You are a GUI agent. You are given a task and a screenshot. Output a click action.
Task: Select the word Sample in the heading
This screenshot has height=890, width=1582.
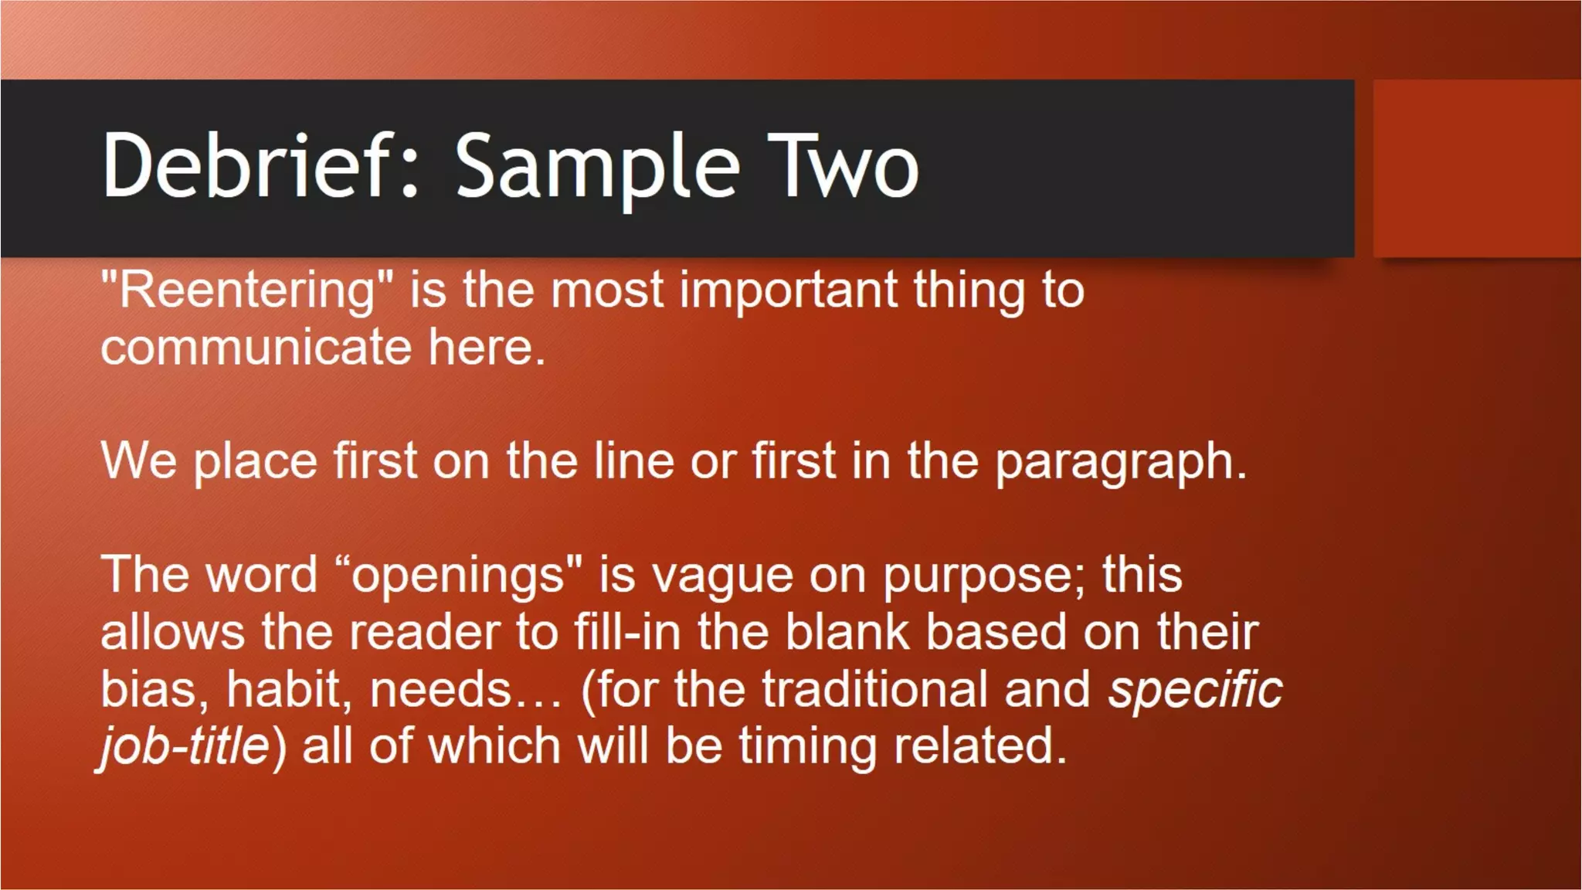[x=597, y=167]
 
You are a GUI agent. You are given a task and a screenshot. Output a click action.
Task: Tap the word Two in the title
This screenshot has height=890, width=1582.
[x=843, y=165]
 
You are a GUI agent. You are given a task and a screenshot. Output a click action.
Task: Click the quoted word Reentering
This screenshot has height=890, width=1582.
[x=246, y=291]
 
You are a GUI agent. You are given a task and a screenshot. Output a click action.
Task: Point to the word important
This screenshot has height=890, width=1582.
[x=788, y=290]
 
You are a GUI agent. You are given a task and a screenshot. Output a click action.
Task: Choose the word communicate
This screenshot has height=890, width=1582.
[x=256, y=347]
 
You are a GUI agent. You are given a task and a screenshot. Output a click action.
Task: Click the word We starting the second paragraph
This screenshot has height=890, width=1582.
[x=138, y=460]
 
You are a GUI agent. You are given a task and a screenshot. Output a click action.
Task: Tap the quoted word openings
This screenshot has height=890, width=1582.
[x=457, y=576]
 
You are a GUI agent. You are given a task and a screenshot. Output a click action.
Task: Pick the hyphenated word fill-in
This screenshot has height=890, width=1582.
[x=627, y=632]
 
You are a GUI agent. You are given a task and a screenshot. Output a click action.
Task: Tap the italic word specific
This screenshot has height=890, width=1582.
[x=1195, y=689]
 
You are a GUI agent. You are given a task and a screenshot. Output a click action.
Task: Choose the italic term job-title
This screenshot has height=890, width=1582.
[x=185, y=746]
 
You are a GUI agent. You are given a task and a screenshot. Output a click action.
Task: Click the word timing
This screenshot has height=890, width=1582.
[x=807, y=746]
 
